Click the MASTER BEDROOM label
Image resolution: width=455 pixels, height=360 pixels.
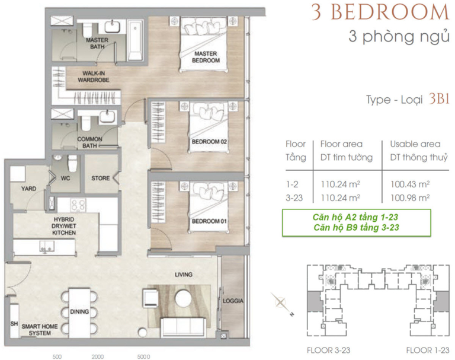(206, 57)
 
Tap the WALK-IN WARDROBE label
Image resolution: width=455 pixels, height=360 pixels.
(94, 77)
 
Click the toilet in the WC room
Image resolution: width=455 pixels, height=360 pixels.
(72, 163)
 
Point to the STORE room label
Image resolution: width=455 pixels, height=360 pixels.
(100, 178)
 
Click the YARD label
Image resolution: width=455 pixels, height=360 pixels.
(28, 189)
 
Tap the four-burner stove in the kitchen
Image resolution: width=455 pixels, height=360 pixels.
(78, 205)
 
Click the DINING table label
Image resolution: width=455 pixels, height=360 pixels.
(79, 312)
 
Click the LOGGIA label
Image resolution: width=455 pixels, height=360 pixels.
(233, 301)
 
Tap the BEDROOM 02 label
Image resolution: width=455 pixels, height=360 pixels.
(209, 142)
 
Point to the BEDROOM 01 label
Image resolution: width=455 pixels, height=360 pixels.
(209, 221)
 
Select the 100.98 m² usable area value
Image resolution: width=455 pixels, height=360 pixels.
(410, 198)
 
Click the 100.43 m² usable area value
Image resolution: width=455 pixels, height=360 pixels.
(410, 184)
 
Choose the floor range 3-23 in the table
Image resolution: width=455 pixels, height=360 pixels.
(294, 198)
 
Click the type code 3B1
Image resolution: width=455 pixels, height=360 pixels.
(439, 99)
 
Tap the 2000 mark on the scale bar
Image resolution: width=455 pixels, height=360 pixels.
(98, 356)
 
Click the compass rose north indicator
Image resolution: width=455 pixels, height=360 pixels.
(292, 314)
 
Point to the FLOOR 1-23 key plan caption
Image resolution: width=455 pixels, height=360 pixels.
(427, 351)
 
